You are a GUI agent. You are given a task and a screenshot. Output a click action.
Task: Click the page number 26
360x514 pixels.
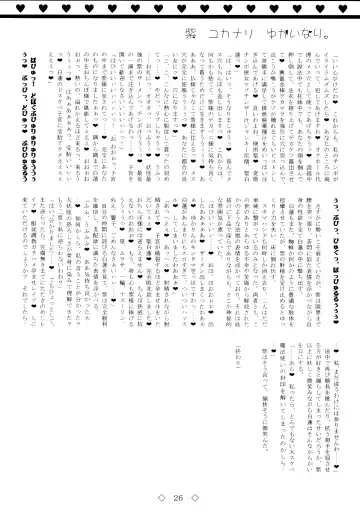click(x=181, y=495)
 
